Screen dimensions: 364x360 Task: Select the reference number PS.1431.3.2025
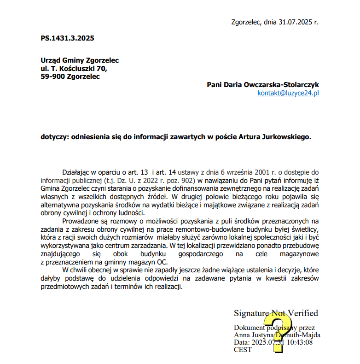pyautogui.click(x=67, y=38)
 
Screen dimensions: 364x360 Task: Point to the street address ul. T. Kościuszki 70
pyautogui.click(x=74, y=69)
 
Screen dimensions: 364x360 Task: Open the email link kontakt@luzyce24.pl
pyautogui.click(x=288, y=93)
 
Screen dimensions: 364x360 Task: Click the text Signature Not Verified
pyautogui.click(x=276, y=313)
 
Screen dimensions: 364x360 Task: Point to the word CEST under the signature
pyautogui.click(x=243, y=350)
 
